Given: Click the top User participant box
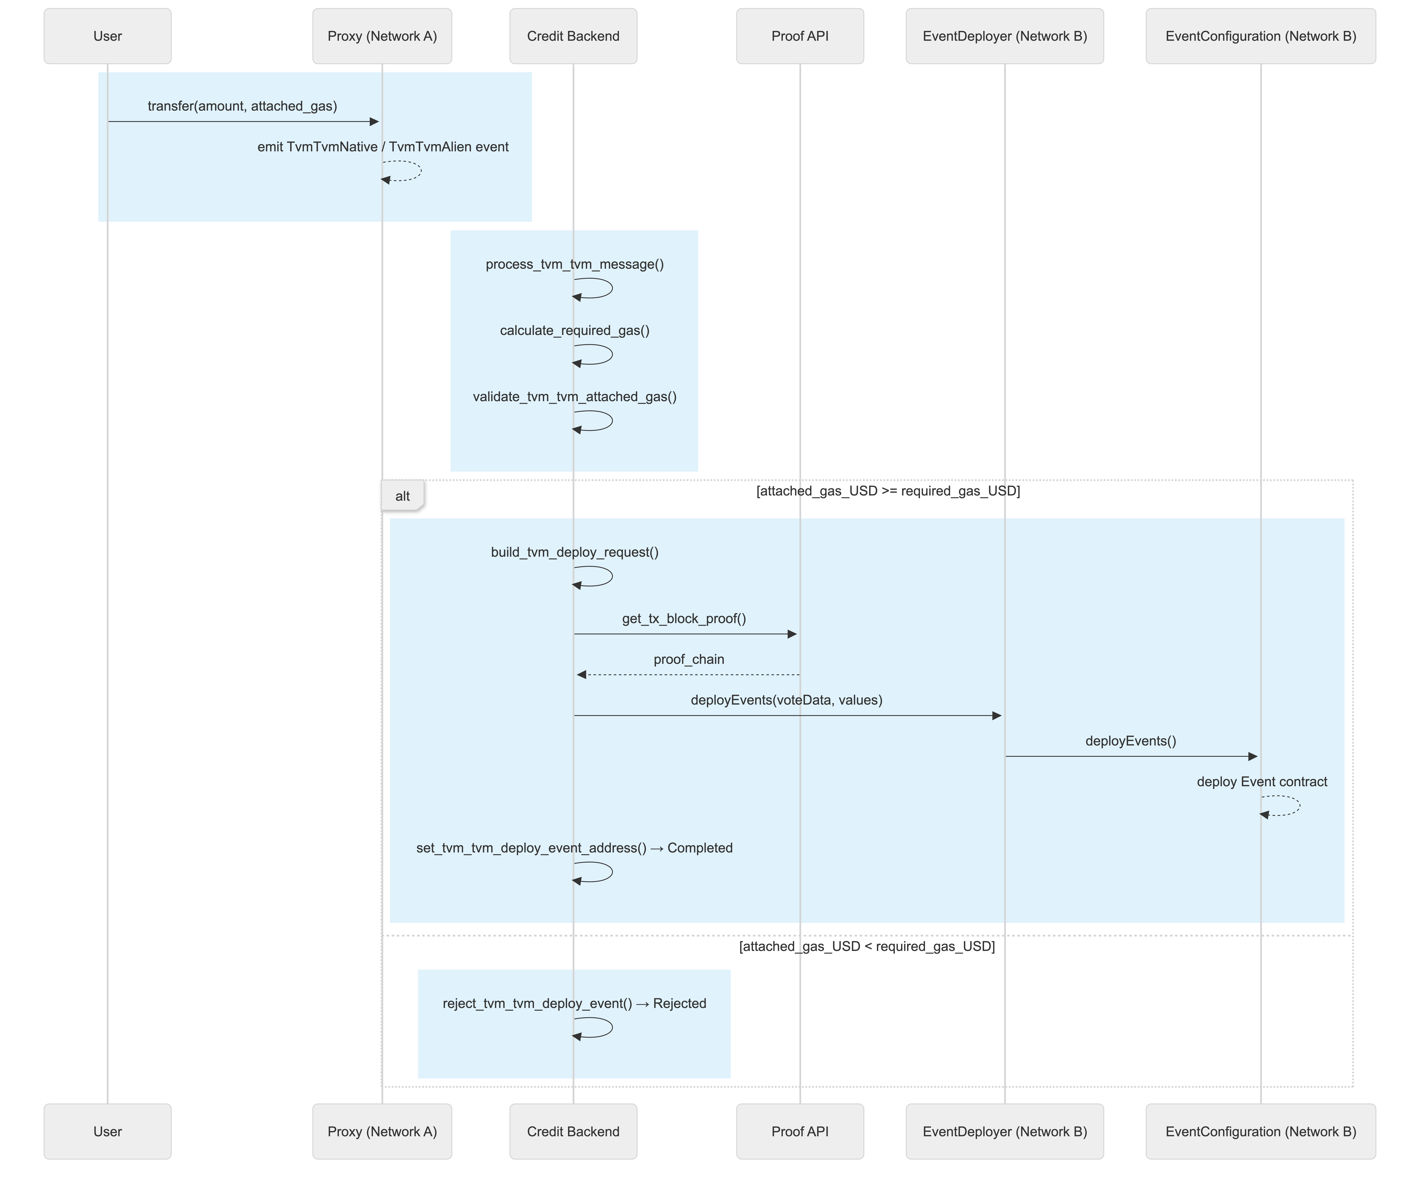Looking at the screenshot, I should click(108, 37).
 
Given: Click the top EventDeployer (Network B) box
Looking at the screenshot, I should click(1005, 37).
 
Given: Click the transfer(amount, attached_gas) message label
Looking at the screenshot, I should click(242, 106).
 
